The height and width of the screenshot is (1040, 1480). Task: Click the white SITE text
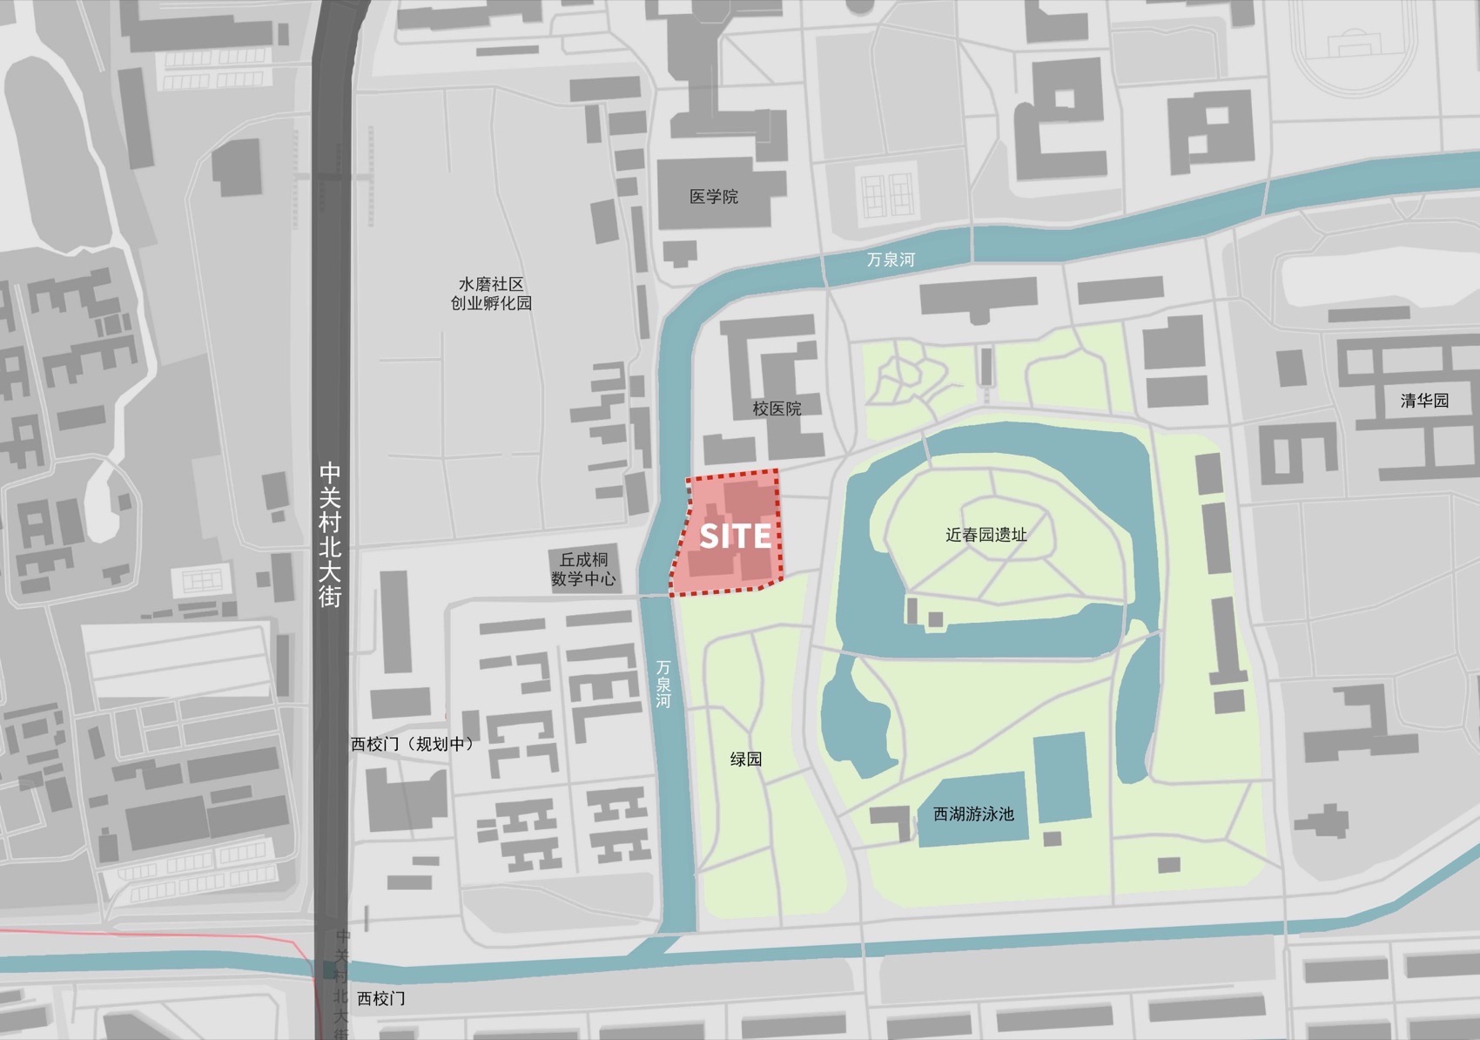736,536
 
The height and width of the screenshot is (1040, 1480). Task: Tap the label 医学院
713,197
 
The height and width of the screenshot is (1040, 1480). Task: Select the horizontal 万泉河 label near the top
891,260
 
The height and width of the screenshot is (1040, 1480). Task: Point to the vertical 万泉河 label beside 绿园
663,684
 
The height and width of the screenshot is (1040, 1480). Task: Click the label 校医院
777,409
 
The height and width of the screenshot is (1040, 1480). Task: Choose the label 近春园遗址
986,535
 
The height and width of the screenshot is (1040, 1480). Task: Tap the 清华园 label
1424,401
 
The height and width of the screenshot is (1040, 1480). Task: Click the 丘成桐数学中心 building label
583,570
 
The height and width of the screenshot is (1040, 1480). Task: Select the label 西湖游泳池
973,814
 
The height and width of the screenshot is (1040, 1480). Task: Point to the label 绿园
746,760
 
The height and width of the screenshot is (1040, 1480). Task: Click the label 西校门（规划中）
413,744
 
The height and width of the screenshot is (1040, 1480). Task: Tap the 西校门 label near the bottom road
380,998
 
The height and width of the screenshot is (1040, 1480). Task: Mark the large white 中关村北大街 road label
330,534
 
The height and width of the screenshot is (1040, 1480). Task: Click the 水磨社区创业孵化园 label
491,294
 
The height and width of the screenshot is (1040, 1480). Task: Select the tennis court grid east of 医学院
886,196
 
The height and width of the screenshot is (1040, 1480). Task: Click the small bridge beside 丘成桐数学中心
653,597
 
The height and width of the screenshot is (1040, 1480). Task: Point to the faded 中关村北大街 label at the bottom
341,984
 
